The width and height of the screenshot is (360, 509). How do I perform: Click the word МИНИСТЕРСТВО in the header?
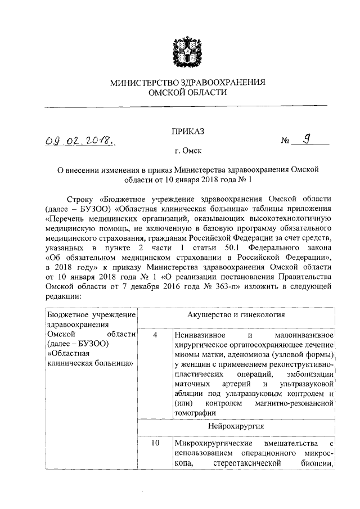tap(145, 83)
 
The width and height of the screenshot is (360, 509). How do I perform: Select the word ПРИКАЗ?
tap(188, 131)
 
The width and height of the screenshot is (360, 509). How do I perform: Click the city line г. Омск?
tap(188, 151)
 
